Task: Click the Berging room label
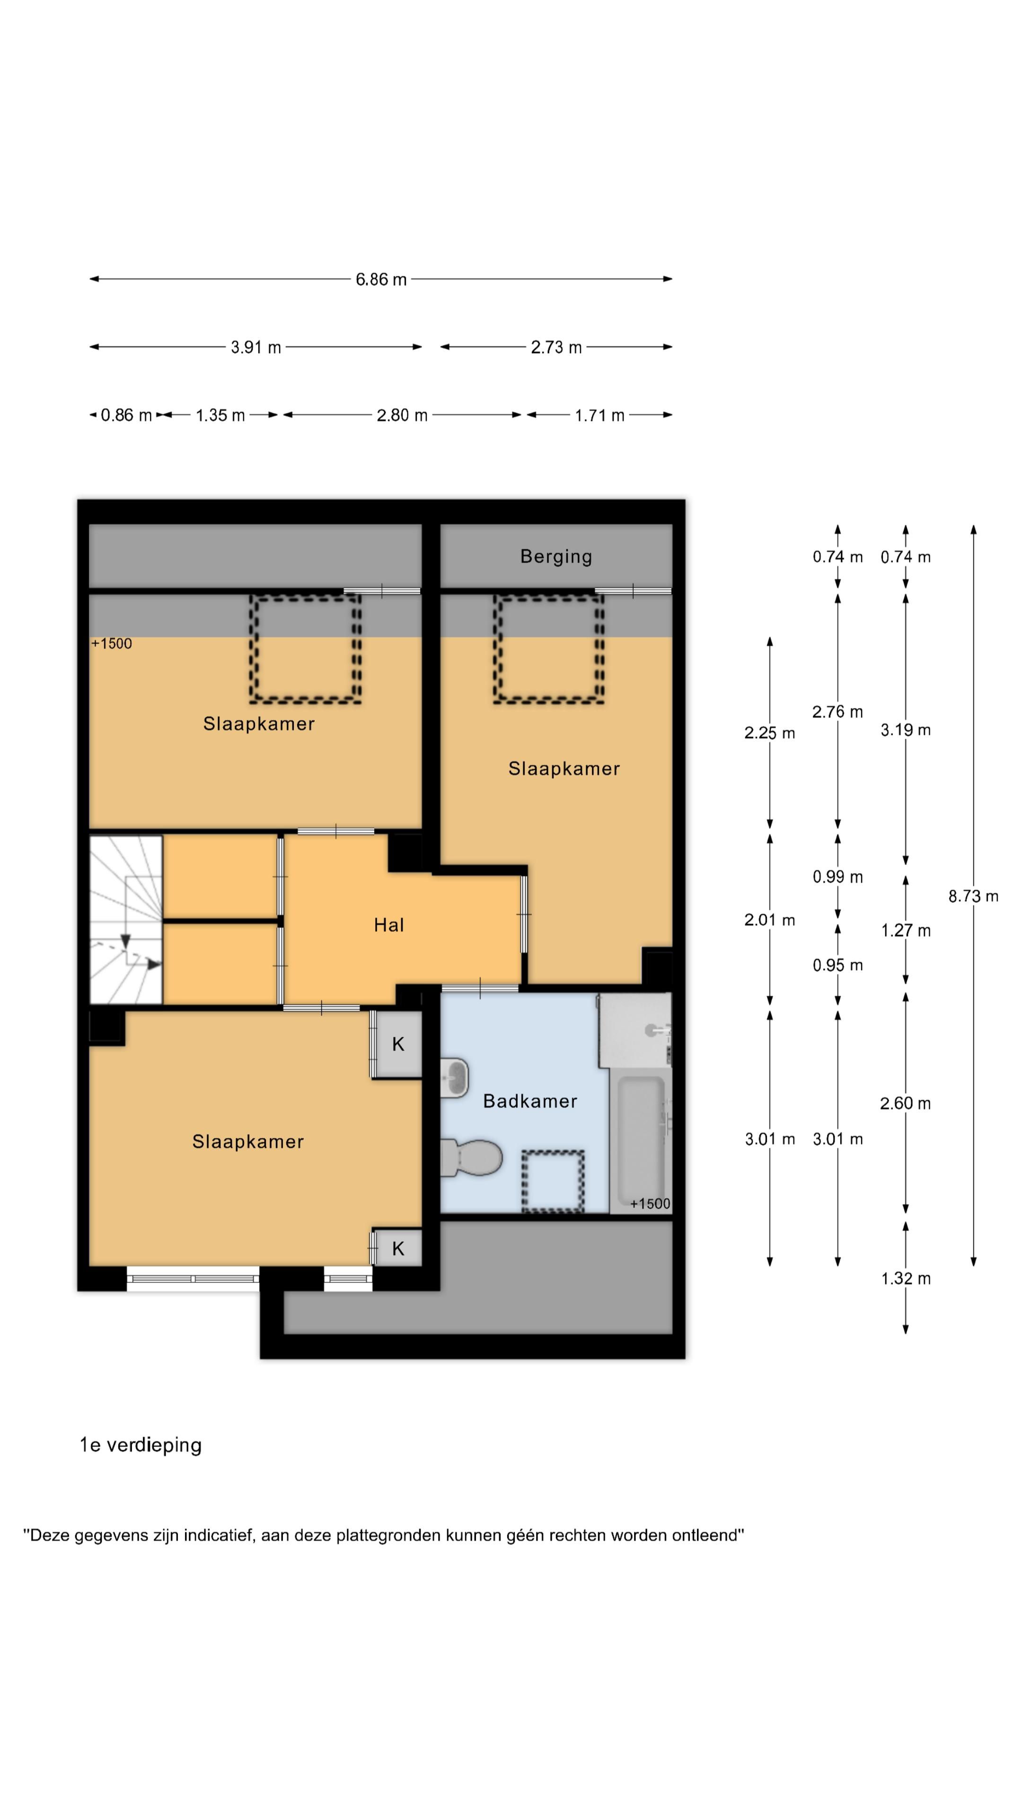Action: pyautogui.click(x=556, y=556)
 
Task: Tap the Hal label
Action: pyautogui.click(x=388, y=925)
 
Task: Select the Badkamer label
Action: pyautogui.click(x=530, y=1101)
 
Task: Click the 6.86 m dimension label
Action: pyautogui.click(x=381, y=279)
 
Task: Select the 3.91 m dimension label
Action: pyautogui.click(x=256, y=347)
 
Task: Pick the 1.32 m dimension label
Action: pyautogui.click(x=906, y=1278)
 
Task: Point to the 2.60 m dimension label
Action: pyautogui.click(x=906, y=1103)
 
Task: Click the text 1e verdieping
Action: pyautogui.click(x=141, y=1445)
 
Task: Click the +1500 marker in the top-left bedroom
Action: pyautogui.click(x=112, y=644)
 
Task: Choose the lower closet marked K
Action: pyautogui.click(x=398, y=1249)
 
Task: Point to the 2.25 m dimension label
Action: pyautogui.click(x=769, y=733)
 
